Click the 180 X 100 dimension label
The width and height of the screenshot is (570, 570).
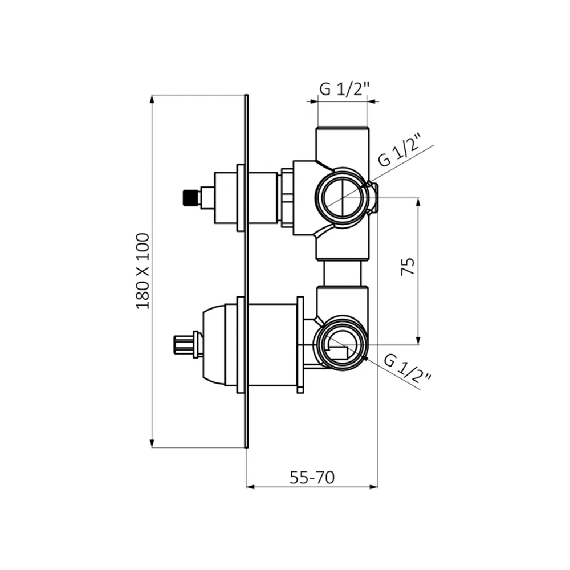[x=142, y=271]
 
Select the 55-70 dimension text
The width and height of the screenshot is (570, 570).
[x=312, y=477]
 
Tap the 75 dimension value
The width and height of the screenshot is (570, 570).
[x=408, y=266]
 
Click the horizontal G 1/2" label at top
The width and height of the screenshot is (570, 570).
[x=344, y=89]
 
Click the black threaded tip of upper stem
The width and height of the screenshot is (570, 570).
[x=191, y=198]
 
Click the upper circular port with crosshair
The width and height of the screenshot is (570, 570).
[x=342, y=198]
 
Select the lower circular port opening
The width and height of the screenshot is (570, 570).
[x=341, y=343]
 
